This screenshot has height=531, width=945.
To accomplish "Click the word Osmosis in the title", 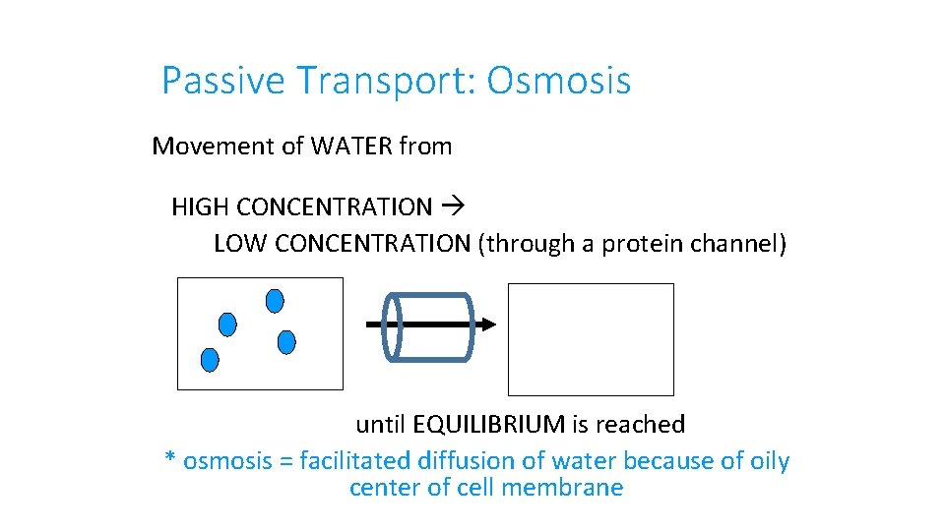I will point(558,81).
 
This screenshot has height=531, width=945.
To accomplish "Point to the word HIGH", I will point(201,207).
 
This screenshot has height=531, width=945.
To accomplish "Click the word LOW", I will point(241,244).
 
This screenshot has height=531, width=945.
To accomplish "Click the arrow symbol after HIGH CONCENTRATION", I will point(455,207).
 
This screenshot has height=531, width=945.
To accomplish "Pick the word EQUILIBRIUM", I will point(488,425).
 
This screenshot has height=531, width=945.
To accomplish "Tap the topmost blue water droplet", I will point(275,300).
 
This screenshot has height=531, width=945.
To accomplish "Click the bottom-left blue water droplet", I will point(210,360).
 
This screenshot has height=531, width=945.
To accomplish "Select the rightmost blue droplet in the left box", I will point(286,342).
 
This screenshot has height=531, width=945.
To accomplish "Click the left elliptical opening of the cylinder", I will point(392,325).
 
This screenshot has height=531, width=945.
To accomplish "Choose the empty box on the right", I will point(591,339).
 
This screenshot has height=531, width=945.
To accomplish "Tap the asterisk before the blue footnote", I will point(170,460).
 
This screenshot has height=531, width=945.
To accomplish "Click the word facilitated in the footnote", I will point(358,461).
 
